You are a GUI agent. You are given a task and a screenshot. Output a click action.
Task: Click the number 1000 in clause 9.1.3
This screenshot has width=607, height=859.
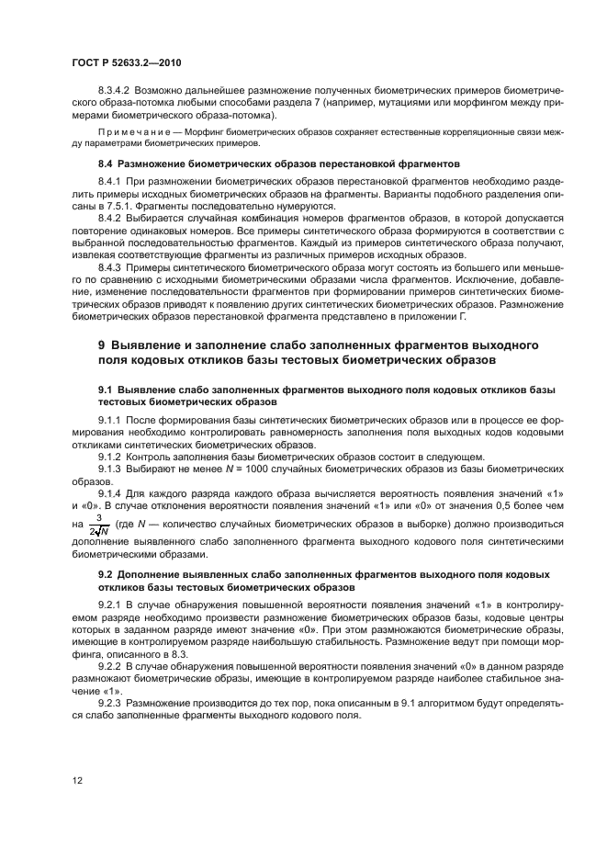pyautogui.click(x=235, y=468)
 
